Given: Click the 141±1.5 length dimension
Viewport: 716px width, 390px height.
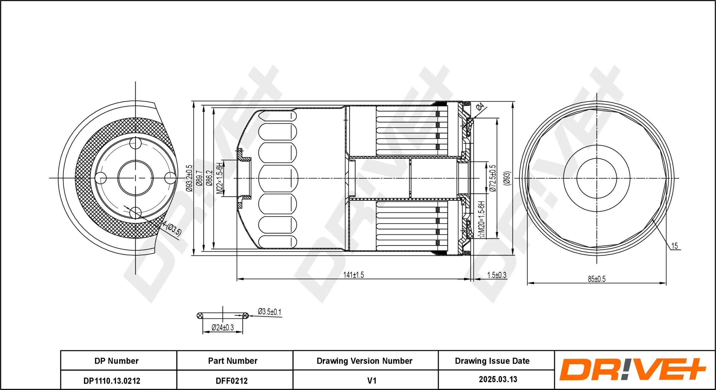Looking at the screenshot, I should point(353,275).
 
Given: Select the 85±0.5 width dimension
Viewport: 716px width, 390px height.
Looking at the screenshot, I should point(597,279).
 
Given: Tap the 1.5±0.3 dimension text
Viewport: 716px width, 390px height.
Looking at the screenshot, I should point(497,275).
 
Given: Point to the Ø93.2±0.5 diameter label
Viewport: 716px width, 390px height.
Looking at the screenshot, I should point(189,178).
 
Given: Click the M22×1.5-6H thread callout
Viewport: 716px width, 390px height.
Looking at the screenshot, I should point(219,178).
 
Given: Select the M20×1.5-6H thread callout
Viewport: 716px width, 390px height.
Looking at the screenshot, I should point(481,219).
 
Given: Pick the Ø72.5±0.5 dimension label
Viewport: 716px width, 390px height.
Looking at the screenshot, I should point(492,178).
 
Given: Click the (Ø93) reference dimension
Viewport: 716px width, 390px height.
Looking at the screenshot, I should point(507,178).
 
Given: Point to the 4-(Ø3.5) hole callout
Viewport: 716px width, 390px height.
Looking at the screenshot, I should point(172,228).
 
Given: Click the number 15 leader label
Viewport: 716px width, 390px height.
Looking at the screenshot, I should point(674,246).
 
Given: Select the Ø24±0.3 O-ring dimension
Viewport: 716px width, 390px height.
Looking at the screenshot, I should point(223,327).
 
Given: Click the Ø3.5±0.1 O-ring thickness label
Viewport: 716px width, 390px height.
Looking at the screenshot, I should point(269,312).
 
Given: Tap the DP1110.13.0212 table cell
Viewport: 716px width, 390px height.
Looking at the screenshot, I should point(112,381).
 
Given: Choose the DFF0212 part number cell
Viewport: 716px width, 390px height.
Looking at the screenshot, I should point(231,381).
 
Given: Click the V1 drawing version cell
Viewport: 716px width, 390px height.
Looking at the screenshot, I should point(371,381).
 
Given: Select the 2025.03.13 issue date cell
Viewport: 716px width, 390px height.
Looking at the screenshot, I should point(498,379).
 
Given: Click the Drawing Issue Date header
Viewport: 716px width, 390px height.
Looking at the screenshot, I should point(492,361).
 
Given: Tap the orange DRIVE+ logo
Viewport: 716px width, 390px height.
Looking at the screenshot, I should point(632,369).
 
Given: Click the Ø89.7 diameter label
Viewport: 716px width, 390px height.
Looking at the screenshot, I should point(199,178).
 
